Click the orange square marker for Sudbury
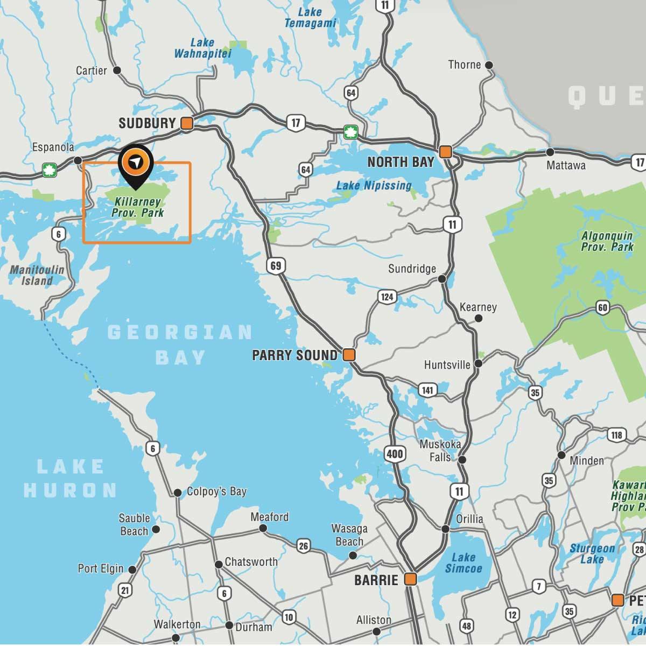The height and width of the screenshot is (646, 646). click(x=187, y=123)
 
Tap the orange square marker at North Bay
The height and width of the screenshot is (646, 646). click(x=445, y=152)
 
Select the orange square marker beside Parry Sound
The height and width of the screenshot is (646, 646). click(x=349, y=355)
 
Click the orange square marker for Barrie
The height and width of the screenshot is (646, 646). click(x=410, y=579)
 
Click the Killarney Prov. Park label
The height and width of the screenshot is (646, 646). click(x=138, y=207)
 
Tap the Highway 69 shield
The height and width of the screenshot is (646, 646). click(x=276, y=265)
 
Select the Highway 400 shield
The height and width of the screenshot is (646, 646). click(x=395, y=454)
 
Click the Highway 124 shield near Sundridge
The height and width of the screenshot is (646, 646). click(x=387, y=297)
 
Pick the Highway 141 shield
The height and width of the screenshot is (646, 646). click(x=427, y=390)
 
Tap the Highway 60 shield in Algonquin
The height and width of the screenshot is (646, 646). click(x=602, y=308)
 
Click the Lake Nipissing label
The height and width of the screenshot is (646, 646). click(x=374, y=186)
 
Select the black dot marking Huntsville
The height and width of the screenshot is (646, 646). click(x=478, y=364)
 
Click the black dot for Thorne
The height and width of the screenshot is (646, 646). click(x=489, y=65)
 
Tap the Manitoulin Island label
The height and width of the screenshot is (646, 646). click(x=37, y=275)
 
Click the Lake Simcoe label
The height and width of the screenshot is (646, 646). click(x=464, y=563)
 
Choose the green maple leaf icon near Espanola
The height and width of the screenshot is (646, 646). click(x=50, y=171)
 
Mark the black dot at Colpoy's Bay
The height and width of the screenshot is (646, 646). click(x=178, y=493)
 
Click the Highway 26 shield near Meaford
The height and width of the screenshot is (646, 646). click(x=304, y=546)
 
